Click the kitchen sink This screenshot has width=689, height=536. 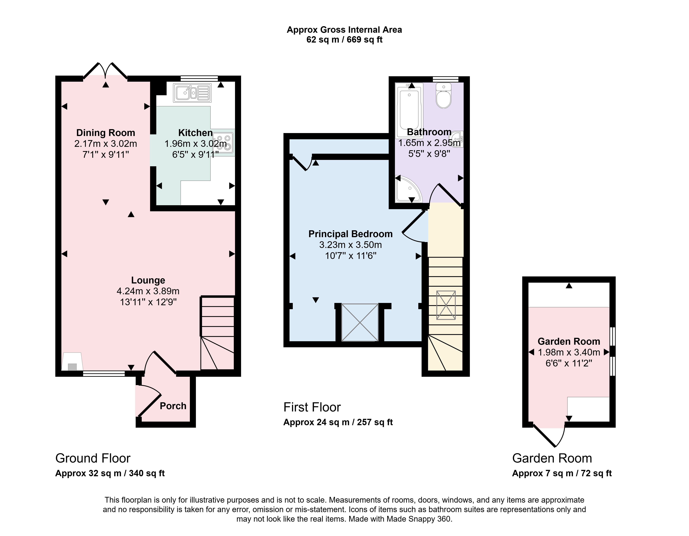(x=192, y=93)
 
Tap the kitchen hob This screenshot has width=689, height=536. (x=223, y=143)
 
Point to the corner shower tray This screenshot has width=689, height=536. (x=408, y=189)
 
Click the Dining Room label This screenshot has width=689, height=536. (x=106, y=133)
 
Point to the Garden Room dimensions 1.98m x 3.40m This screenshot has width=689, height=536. (x=569, y=352)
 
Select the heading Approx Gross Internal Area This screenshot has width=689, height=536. (x=344, y=30)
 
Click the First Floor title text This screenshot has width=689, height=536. (x=312, y=407)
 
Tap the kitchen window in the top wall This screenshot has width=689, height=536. (x=199, y=79)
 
